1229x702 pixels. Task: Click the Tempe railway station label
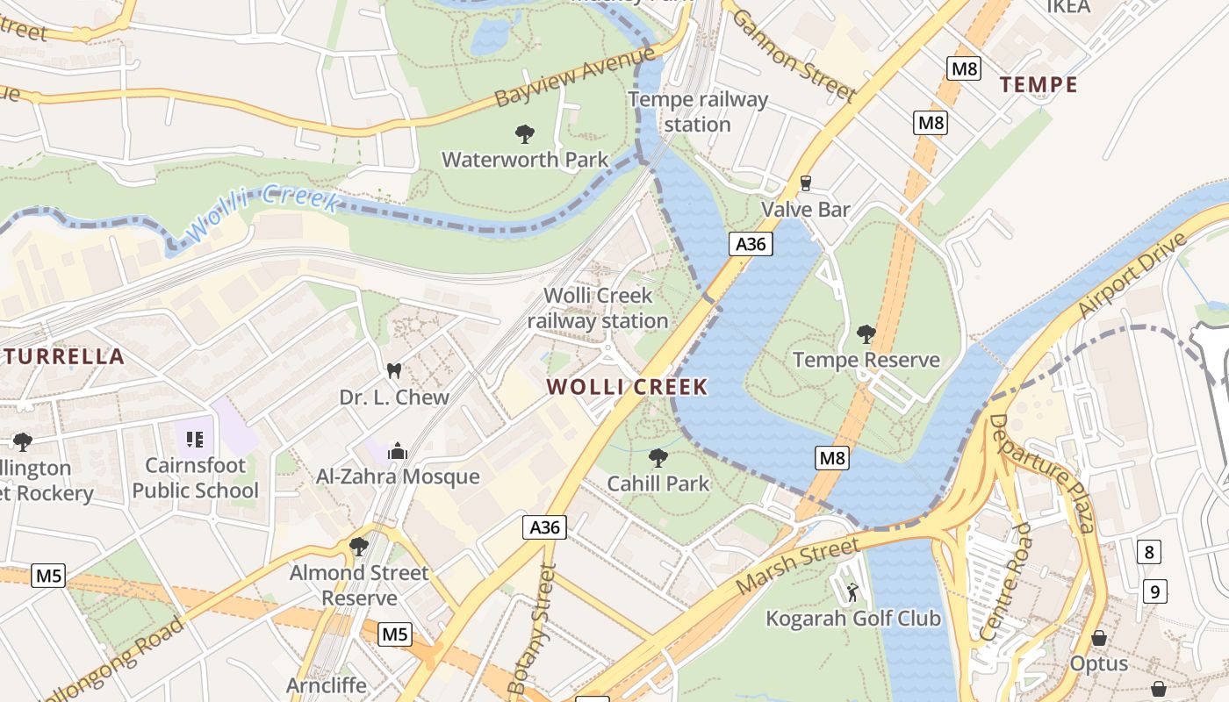pos(698,112)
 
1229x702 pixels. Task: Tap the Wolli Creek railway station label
pos(598,309)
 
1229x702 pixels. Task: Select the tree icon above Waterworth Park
pos(524,134)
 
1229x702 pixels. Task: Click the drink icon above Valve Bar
pos(805,183)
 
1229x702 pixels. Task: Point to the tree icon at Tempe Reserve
pos(866,334)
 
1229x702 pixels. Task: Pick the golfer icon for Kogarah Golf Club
pos(852,593)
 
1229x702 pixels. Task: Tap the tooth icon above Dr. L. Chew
pos(393,371)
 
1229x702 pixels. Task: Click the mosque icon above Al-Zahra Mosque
pos(397,451)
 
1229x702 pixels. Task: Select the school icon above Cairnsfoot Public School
pos(195,439)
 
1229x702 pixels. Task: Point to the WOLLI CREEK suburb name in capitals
pos(627,387)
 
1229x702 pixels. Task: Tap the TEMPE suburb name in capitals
pos(1039,85)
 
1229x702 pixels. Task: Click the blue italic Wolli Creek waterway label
pos(262,211)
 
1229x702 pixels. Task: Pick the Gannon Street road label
pos(792,54)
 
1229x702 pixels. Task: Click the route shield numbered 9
pos(1155,592)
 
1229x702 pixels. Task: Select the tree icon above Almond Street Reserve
pos(358,547)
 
